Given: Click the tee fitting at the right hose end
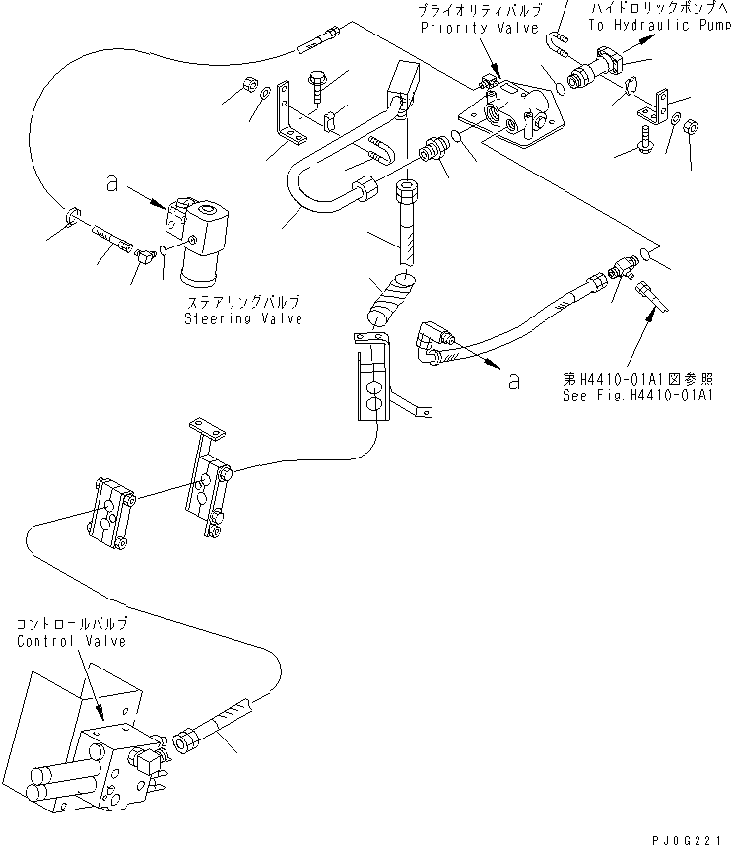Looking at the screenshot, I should coord(620,262).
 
